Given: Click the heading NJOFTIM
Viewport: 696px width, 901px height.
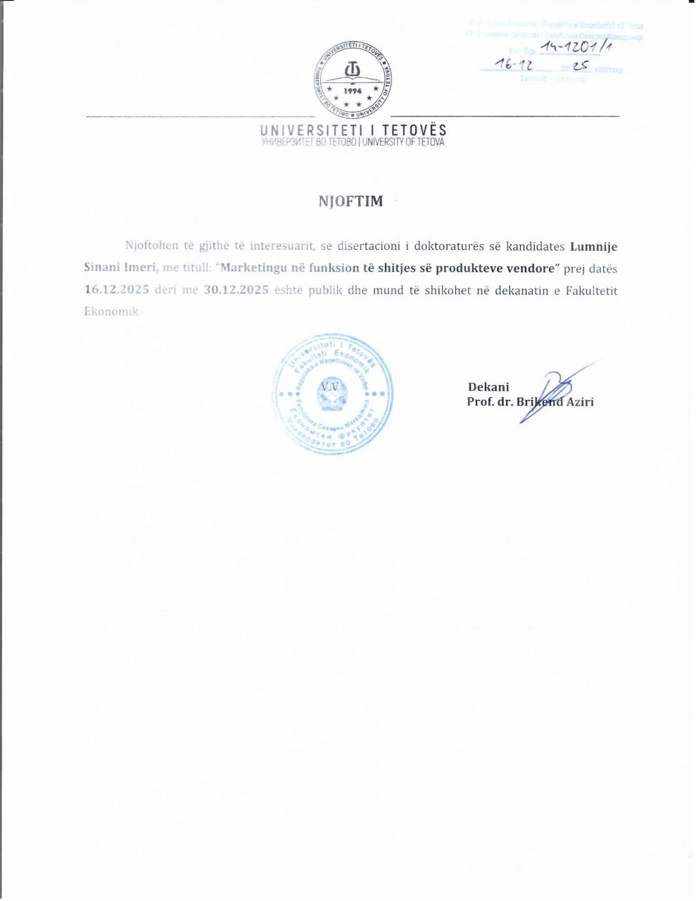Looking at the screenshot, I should click(350, 201).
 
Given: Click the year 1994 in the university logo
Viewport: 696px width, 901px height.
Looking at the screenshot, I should click(353, 92).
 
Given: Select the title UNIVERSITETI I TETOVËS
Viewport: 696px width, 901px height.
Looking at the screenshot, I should click(353, 130).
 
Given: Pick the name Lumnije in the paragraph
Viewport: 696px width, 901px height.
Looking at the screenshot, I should click(593, 246).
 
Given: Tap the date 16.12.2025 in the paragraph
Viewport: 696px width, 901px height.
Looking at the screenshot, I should click(117, 290).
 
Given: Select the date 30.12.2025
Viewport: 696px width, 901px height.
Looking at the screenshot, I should click(236, 290).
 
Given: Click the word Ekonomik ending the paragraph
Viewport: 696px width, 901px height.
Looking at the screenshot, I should click(111, 311).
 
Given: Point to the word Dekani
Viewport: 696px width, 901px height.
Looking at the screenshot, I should click(488, 386).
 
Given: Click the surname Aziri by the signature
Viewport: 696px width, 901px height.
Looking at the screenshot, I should click(576, 402).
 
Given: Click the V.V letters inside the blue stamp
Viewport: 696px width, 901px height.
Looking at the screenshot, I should click(329, 386).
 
